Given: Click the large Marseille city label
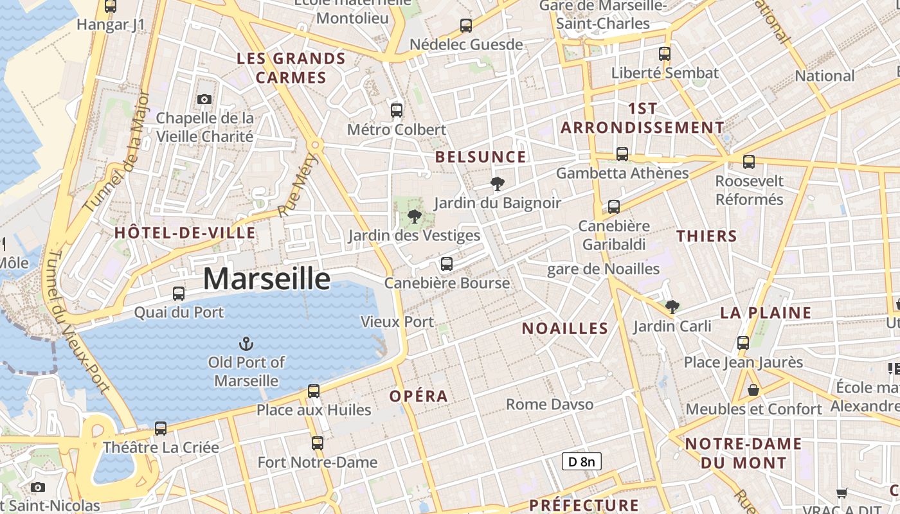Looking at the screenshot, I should (267, 279).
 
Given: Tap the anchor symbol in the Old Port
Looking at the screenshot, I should (246, 344).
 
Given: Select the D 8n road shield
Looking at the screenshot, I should (581, 461).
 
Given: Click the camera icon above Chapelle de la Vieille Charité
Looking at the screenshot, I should (204, 99).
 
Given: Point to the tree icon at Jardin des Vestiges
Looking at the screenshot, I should (415, 216).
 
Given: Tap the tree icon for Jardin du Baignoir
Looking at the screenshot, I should (497, 184).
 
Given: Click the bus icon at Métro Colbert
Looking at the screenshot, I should (397, 110).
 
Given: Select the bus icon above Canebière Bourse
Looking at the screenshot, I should (446, 263).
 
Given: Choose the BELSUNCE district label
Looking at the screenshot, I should (480, 157).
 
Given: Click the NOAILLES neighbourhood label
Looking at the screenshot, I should (564, 328).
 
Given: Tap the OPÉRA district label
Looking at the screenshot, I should (419, 396).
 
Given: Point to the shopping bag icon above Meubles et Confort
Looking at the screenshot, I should (753, 390).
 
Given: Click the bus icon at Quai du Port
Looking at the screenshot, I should (179, 294).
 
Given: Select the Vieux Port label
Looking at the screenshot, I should (397, 321).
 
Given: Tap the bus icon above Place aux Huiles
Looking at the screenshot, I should (314, 391).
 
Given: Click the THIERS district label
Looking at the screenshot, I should (706, 236).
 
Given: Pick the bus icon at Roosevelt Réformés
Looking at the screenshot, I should (749, 161).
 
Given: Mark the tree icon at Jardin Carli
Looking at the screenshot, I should (672, 307).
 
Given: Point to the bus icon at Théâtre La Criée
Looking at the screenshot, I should (161, 428).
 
